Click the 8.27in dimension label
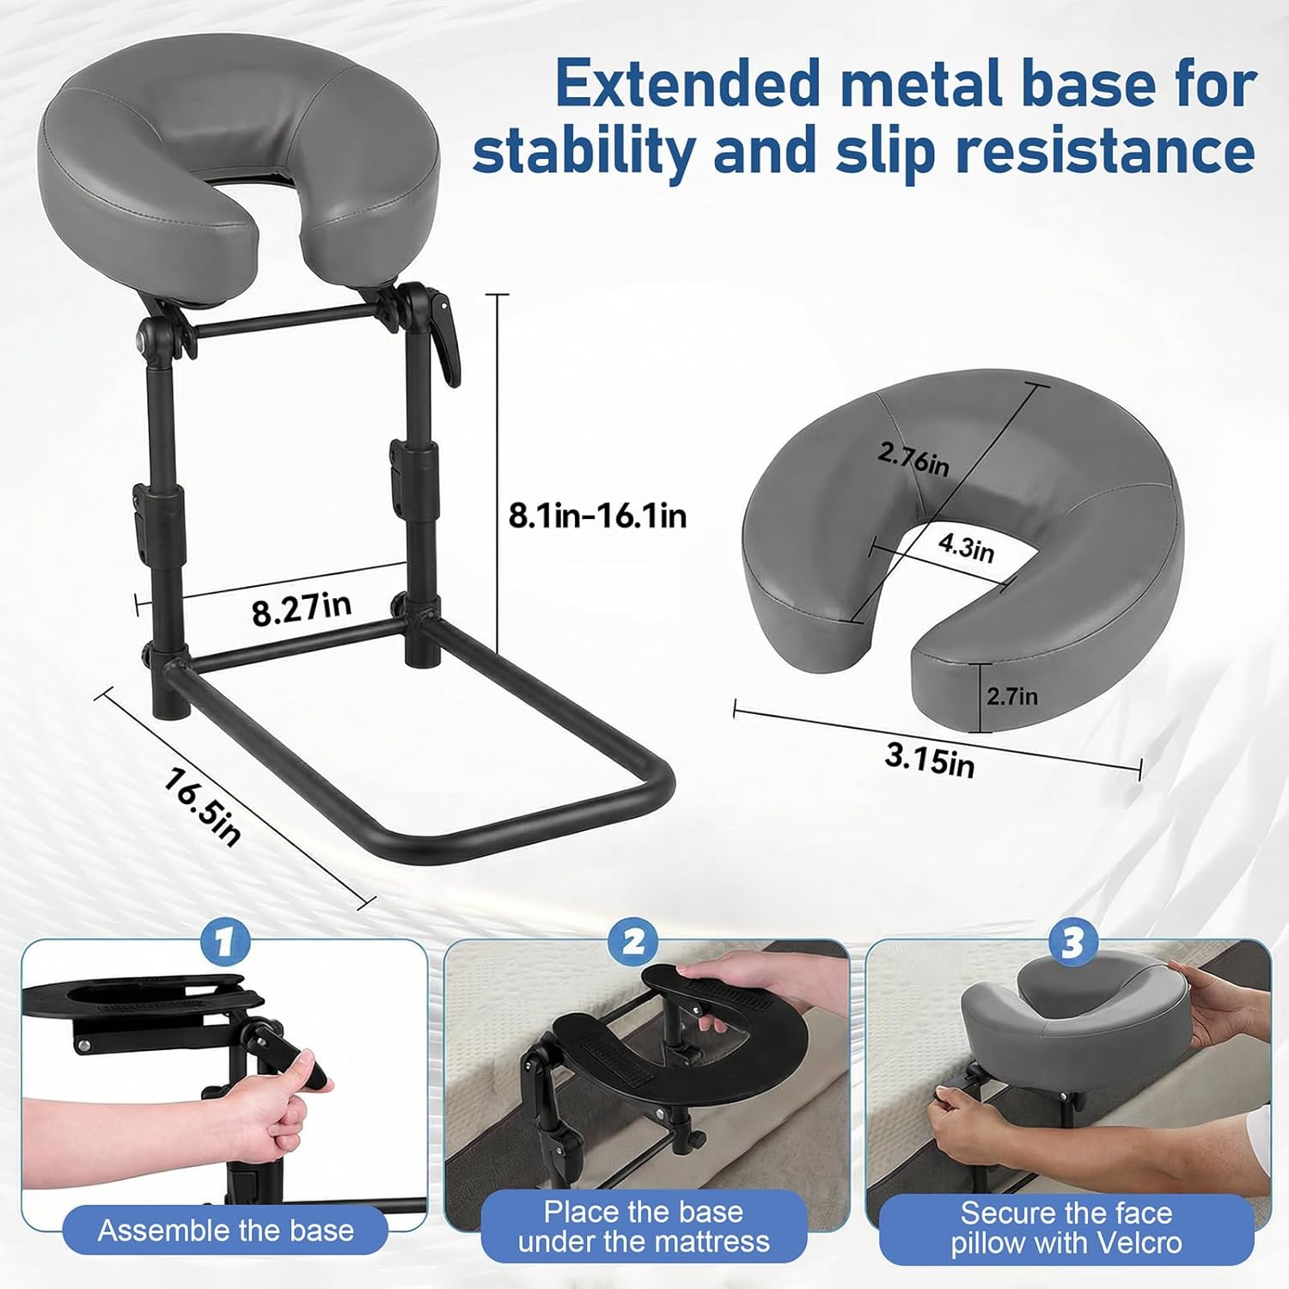[x=302, y=608]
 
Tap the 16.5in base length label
[x=203, y=807]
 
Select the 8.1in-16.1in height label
[x=597, y=516]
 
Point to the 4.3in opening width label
[x=966, y=547]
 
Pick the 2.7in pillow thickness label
[x=1011, y=696]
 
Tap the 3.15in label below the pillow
[x=930, y=760]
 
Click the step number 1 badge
[x=225, y=943]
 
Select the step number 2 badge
[x=633, y=943]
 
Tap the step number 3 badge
[x=1072, y=943]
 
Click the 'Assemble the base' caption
[x=225, y=1231]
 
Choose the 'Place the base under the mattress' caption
[x=644, y=1226]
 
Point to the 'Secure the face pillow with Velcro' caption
[x=1066, y=1227]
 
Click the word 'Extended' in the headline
[x=686, y=84]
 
